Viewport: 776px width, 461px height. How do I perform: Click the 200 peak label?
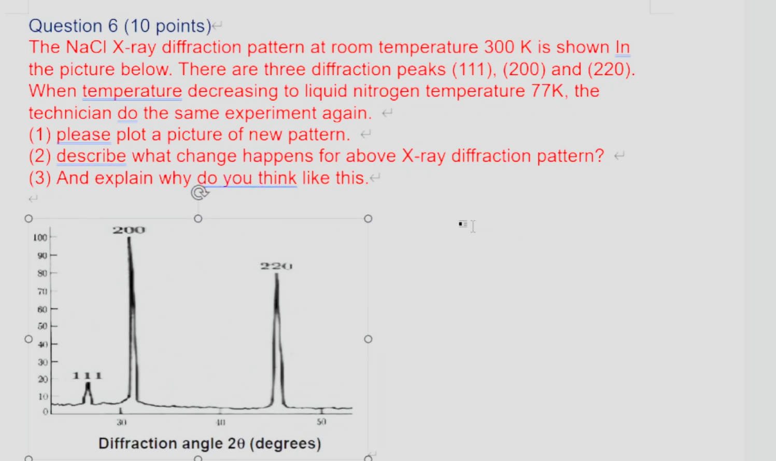[129, 230]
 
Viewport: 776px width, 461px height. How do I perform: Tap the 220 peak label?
[276, 266]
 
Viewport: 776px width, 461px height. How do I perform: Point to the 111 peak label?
[87, 375]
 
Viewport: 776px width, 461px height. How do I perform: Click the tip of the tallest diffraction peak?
[129, 239]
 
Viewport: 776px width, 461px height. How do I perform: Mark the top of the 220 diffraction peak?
[277, 275]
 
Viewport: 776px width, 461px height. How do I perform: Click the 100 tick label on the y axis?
[40, 238]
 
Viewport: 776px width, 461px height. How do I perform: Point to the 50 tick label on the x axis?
[321, 422]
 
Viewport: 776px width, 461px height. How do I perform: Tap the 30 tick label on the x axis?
[121, 422]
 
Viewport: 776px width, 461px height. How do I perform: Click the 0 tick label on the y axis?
[46, 411]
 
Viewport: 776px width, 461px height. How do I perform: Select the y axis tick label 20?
[43, 379]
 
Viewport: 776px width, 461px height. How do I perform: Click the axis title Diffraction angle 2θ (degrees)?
[209, 443]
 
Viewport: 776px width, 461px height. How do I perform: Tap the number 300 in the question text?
[500, 47]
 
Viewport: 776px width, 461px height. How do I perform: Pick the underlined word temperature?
[132, 91]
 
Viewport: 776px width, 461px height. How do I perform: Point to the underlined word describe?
[91, 156]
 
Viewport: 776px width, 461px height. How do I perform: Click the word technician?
[70, 113]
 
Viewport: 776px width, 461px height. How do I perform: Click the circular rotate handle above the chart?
[199, 192]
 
